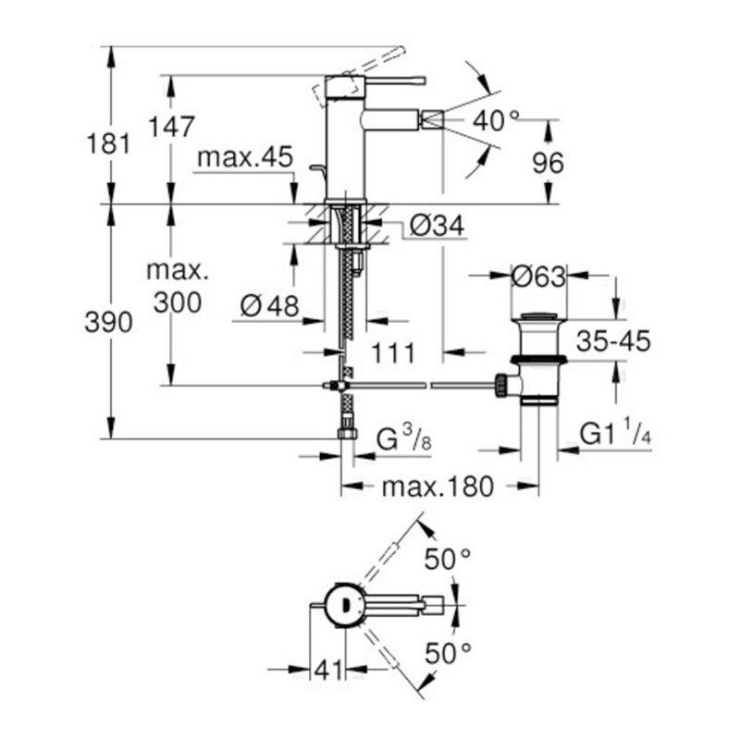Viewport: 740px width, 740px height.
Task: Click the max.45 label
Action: [242, 159]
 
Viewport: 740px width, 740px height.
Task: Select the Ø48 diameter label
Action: [269, 304]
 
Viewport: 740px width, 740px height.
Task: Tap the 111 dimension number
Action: [392, 351]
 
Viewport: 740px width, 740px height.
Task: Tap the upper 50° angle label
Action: [448, 559]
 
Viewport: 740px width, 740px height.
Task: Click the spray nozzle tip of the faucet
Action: [430, 119]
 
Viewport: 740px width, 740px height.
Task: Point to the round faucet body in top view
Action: [346, 605]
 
